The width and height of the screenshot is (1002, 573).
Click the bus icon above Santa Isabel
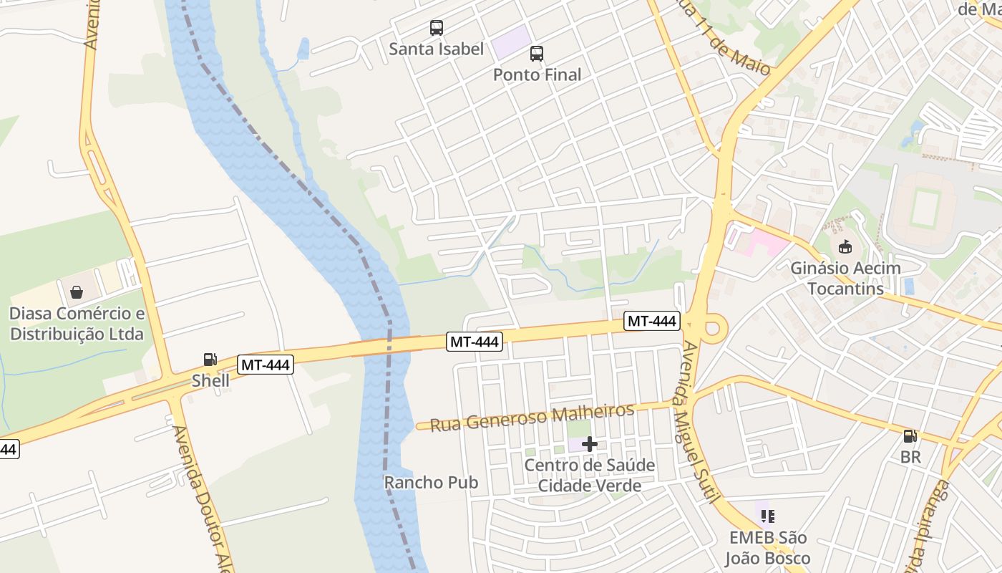pyautogui.click(x=437, y=28)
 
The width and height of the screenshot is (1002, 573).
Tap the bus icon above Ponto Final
pyautogui.click(x=537, y=53)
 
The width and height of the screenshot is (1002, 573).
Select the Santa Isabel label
pyautogui.click(x=437, y=49)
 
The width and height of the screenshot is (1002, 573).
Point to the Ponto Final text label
pyautogui.click(x=537, y=74)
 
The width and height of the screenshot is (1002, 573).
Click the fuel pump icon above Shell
pyautogui.click(x=210, y=360)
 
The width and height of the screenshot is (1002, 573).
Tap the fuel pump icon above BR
pyautogui.click(x=910, y=435)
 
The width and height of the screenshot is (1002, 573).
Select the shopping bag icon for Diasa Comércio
pyautogui.click(x=77, y=292)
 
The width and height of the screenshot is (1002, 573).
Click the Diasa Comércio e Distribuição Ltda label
pyautogui.click(x=77, y=324)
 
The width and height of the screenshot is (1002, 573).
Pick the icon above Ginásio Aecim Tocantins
pyautogui.click(x=845, y=247)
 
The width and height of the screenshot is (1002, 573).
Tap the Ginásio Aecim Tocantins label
pyautogui.click(x=845, y=279)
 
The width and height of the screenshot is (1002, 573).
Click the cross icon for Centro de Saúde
pyautogui.click(x=590, y=445)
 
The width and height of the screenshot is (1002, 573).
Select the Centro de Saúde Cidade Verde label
pyautogui.click(x=590, y=476)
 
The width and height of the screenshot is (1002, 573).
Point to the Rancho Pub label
pyautogui.click(x=431, y=482)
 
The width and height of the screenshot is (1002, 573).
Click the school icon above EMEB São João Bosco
pyautogui.click(x=768, y=516)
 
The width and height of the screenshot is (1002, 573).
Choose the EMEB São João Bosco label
pyautogui.click(x=768, y=548)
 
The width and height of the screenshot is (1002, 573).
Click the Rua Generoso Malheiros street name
pyautogui.click(x=526, y=417)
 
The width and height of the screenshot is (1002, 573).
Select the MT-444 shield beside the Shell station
pyautogui.click(x=266, y=365)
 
